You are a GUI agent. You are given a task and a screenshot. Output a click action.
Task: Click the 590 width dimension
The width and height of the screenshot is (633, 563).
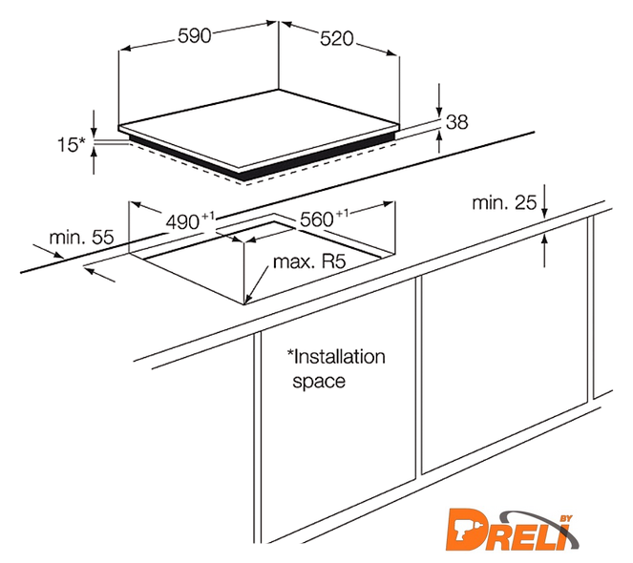coord(194,35)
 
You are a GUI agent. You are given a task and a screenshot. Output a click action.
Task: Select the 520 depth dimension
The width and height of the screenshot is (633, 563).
coord(337,39)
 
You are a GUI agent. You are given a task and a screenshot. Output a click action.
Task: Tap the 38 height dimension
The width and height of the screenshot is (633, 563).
coord(457,121)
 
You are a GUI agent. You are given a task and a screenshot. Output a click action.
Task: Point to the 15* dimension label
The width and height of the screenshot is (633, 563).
coord(72,144)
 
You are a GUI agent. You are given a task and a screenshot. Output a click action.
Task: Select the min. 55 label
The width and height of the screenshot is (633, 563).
coord(81,238)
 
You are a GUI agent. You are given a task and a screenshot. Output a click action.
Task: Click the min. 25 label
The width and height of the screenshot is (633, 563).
coord(504,202)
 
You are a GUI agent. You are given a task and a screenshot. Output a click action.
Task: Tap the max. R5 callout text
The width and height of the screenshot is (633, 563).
coord(309,261)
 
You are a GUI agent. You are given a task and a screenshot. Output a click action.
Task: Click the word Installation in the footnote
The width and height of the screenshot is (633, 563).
coord(336,357)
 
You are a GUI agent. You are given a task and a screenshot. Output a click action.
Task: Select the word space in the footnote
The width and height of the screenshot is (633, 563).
coord(319,382)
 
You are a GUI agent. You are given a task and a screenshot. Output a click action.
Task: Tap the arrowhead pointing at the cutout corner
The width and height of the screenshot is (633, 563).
coord(248,299)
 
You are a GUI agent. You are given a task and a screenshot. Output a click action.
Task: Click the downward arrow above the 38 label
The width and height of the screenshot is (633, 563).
coord(439,101)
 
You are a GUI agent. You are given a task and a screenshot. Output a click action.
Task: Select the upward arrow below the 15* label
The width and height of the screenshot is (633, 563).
coord(95,160)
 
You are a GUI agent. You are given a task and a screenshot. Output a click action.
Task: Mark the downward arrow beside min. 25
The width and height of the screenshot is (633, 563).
coord(544,201)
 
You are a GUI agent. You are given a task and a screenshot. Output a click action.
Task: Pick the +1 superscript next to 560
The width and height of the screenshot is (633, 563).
coord(341,213)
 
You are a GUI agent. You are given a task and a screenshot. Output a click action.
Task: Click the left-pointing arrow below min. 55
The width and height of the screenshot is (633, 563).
coord(101,275)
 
